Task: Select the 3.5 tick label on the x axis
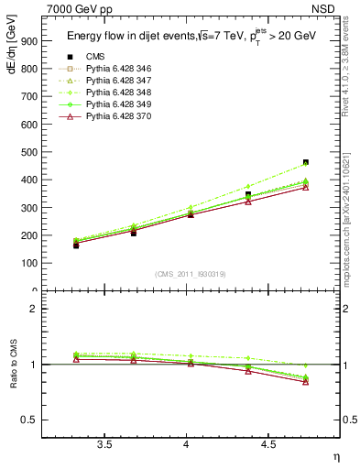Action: pos(105,444)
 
